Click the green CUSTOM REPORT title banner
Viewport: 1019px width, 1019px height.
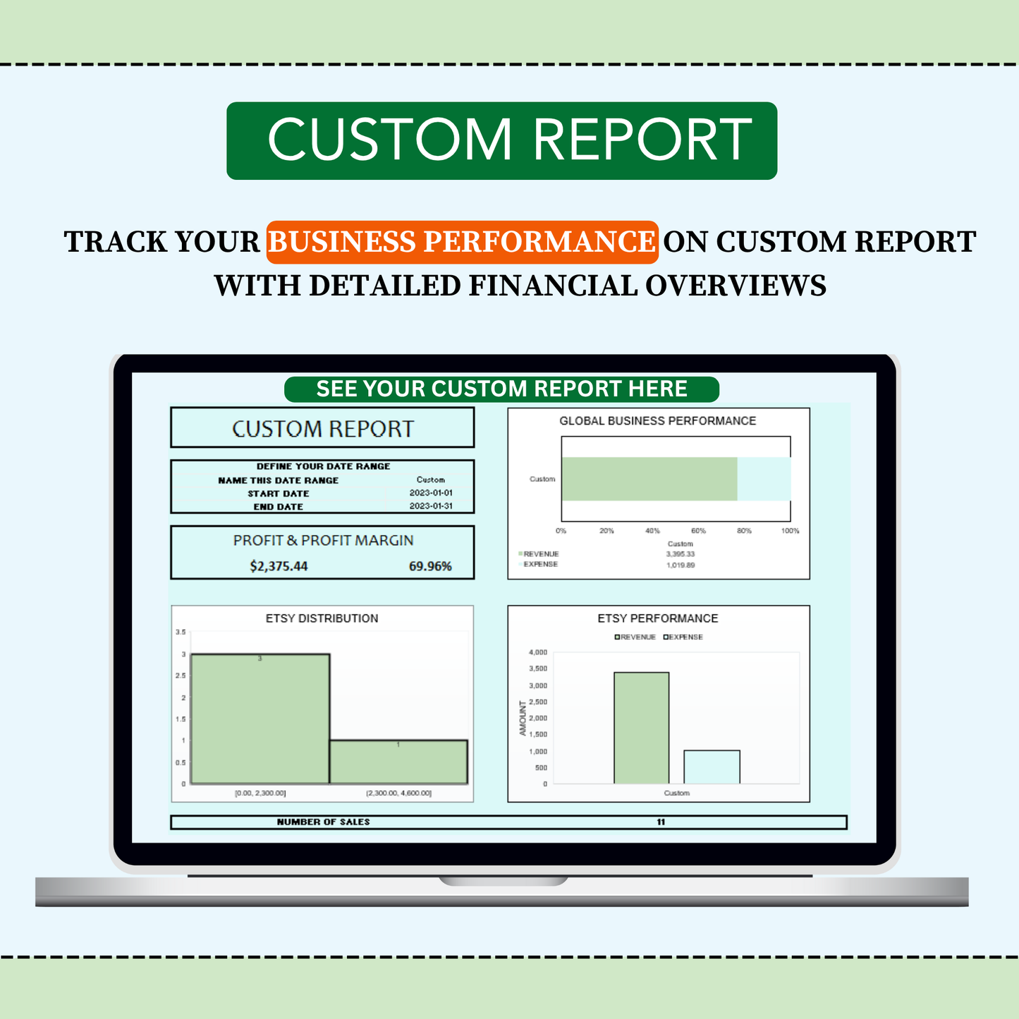[x=501, y=140]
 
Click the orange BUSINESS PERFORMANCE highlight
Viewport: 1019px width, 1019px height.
[x=462, y=242]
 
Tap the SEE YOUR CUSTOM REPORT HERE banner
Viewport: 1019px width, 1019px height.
[x=501, y=389]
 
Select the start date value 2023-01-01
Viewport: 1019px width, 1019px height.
[x=431, y=493]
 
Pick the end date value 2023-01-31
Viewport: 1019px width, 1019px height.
[x=431, y=506]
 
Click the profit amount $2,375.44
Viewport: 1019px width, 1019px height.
[x=279, y=566]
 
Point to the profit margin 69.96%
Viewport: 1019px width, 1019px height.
[x=430, y=566]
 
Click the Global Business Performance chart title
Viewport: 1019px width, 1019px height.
[x=657, y=421]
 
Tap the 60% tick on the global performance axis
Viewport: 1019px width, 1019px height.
[x=698, y=531]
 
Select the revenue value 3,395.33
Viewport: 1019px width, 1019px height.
[x=681, y=554]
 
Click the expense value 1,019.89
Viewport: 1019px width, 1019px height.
[x=681, y=565]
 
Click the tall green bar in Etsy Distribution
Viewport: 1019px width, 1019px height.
[x=260, y=719]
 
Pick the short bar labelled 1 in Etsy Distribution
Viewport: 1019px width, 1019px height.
[x=398, y=762]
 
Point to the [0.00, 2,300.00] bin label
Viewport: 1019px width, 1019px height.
[x=260, y=793]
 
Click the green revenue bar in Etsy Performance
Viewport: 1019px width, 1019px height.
[x=641, y=728]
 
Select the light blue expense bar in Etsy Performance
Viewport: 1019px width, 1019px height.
[x=712, y=767]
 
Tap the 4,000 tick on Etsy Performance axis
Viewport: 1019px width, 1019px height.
[x=537, y=652]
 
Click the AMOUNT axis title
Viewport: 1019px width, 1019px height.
[x=523, y=718]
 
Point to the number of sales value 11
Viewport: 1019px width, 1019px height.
[x=661, y=822]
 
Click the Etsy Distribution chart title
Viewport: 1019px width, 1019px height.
[x=322, y=618]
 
